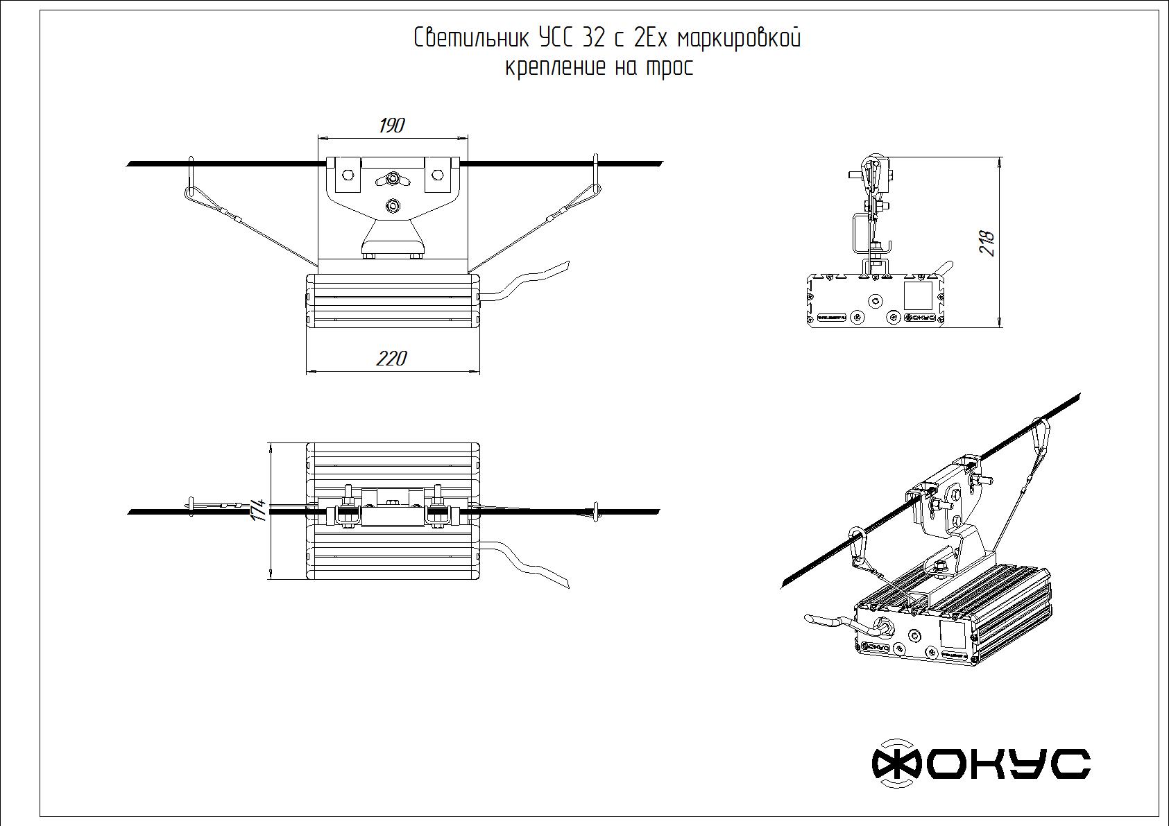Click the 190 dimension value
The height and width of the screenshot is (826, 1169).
click(x=391, y=126)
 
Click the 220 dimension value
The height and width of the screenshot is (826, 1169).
click(x=391, y=359)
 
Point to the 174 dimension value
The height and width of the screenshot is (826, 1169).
click(x=258, y=511)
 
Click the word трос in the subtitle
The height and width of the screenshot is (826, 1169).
click(x=669, y=68)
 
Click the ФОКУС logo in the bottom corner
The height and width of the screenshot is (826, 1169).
click(x=980, y=763)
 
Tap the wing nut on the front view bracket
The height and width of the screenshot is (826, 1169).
click(x=393, y=180)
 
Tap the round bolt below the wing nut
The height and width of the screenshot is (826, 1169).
click(x=393, y=205)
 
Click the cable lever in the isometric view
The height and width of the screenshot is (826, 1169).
click(x=826, y=619)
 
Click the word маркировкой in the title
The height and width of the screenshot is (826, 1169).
click(x=738, y=38)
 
